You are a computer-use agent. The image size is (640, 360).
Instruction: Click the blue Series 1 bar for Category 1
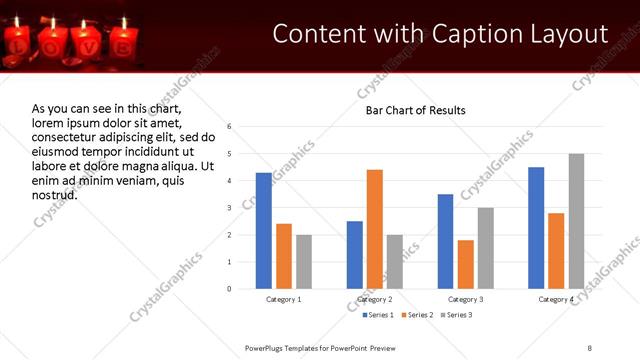click(x=264, y=231)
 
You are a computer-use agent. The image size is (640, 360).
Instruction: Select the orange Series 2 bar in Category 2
click(x=375, y=229)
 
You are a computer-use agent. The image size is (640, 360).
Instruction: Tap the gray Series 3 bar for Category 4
click(x=576, y=221)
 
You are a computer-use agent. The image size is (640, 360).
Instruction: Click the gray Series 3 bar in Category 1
click(x=304, y=262)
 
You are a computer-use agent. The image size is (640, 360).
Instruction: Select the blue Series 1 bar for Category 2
click(x=355, y=255)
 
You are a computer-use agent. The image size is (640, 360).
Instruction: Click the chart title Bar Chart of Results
click(x=415, y=110)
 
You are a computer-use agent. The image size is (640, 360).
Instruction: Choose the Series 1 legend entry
click(x=378, y=316)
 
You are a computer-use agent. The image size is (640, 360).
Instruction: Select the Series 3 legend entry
click(x=457, y=316)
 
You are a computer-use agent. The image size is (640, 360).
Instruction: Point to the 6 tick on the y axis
click(x=230, y=127)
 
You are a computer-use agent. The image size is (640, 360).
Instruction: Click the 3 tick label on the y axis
click(x=230, y=208)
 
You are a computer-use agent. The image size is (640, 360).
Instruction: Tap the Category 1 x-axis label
click(x=284, y=299)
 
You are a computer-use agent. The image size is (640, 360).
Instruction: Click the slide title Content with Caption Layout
click(x=440, y=34)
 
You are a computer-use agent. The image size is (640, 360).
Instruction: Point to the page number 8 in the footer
click(x=589, y=347)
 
